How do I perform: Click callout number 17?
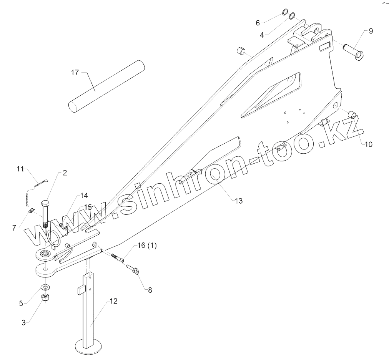[x=75, y=72]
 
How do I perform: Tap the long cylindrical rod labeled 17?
[x=107, y=86]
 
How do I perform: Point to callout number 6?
[x=258, y=23]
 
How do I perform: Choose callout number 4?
[x=262, y=35]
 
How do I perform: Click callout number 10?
[x=368, y=144]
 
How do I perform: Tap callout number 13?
[x=239, y=201]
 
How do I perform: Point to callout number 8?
[x=150, y=290]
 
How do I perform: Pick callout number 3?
[x=23, y=323]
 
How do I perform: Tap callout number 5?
[x=21, y=303]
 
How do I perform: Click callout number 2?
[x=65, y=173]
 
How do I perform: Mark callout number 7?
[x=15, y=228]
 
